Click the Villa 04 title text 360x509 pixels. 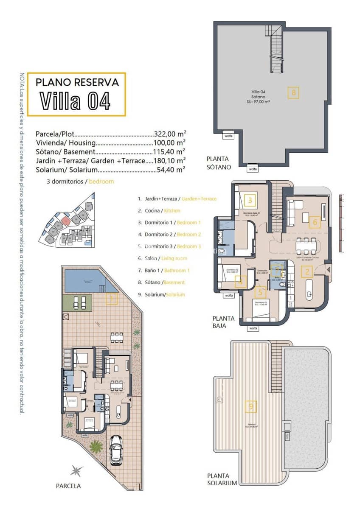(76, 101)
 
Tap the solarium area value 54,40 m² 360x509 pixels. (170, 170)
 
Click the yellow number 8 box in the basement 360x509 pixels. (293, 92)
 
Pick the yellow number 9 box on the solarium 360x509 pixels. (251, 406)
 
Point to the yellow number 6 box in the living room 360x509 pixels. (314, 222)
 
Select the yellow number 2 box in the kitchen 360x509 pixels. (307, 272)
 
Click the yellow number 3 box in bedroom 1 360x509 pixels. (250, 200)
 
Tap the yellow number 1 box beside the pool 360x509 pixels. (112, 299)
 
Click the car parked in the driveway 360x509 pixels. (116, 449)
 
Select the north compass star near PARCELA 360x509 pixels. (77, 470)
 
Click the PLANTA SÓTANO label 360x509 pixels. (219, 163)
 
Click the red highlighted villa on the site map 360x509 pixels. (65, 220)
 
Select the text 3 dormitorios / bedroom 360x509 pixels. (80, 181)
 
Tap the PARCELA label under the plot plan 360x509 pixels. (68, 486)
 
